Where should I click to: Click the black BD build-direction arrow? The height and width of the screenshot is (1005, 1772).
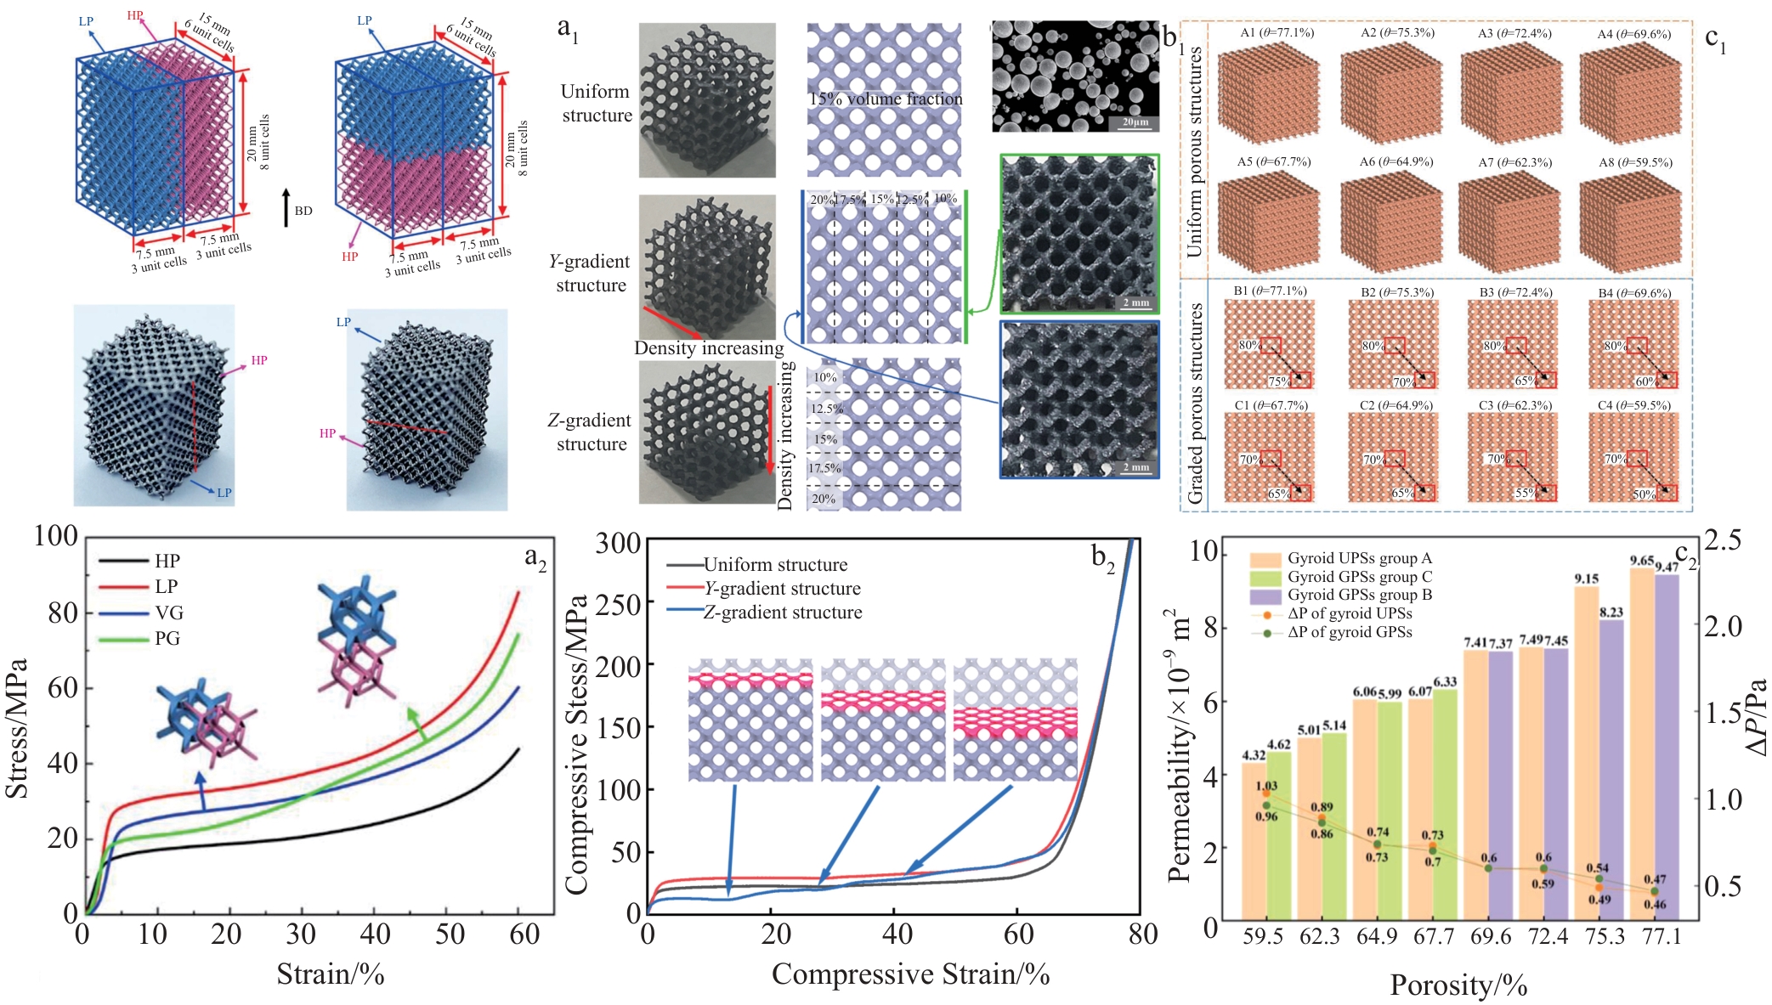pos(287,207)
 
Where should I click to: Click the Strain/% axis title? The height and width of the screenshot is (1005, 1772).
pos(331,974)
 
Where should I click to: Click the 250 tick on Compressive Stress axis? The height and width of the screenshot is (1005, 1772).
pos(618,604)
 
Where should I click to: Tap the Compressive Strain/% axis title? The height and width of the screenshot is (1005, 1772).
pos(910,974)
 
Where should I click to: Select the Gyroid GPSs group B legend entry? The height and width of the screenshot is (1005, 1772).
pos(1359,595)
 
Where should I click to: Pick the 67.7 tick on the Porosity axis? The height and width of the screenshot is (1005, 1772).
pos(1433,936)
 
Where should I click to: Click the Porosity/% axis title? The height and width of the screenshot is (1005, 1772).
pos(1458,985)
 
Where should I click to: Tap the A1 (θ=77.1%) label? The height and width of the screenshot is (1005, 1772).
pos(1277,33)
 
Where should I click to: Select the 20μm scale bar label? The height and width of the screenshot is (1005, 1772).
pos(1135,122)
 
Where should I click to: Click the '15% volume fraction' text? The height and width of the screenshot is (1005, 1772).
pos(886,99)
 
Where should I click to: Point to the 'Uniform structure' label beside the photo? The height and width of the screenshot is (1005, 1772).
pos(597,103)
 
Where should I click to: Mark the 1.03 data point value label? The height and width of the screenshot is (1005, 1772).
pos(1266,786)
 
